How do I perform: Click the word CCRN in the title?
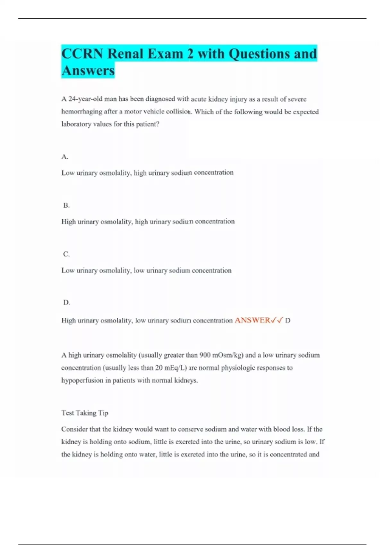click(x=82, y=54)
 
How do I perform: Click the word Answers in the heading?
click(x=88, y=71)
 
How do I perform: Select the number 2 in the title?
click(x=191, y=54)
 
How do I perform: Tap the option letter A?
click(x=64, y=157)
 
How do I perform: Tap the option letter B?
click(x=66, y=205)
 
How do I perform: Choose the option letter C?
click(x=66, y=254)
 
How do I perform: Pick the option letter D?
click(x=66, y=303)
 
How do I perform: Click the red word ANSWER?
click(x=252, y=320)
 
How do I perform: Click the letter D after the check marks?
click(x=288, y=320)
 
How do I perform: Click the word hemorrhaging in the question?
click(x=81, y=112)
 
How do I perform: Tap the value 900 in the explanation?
click(x=205, y=355)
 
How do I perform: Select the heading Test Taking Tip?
click(x=85, y=413)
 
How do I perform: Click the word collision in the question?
click(x=179, y=112)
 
